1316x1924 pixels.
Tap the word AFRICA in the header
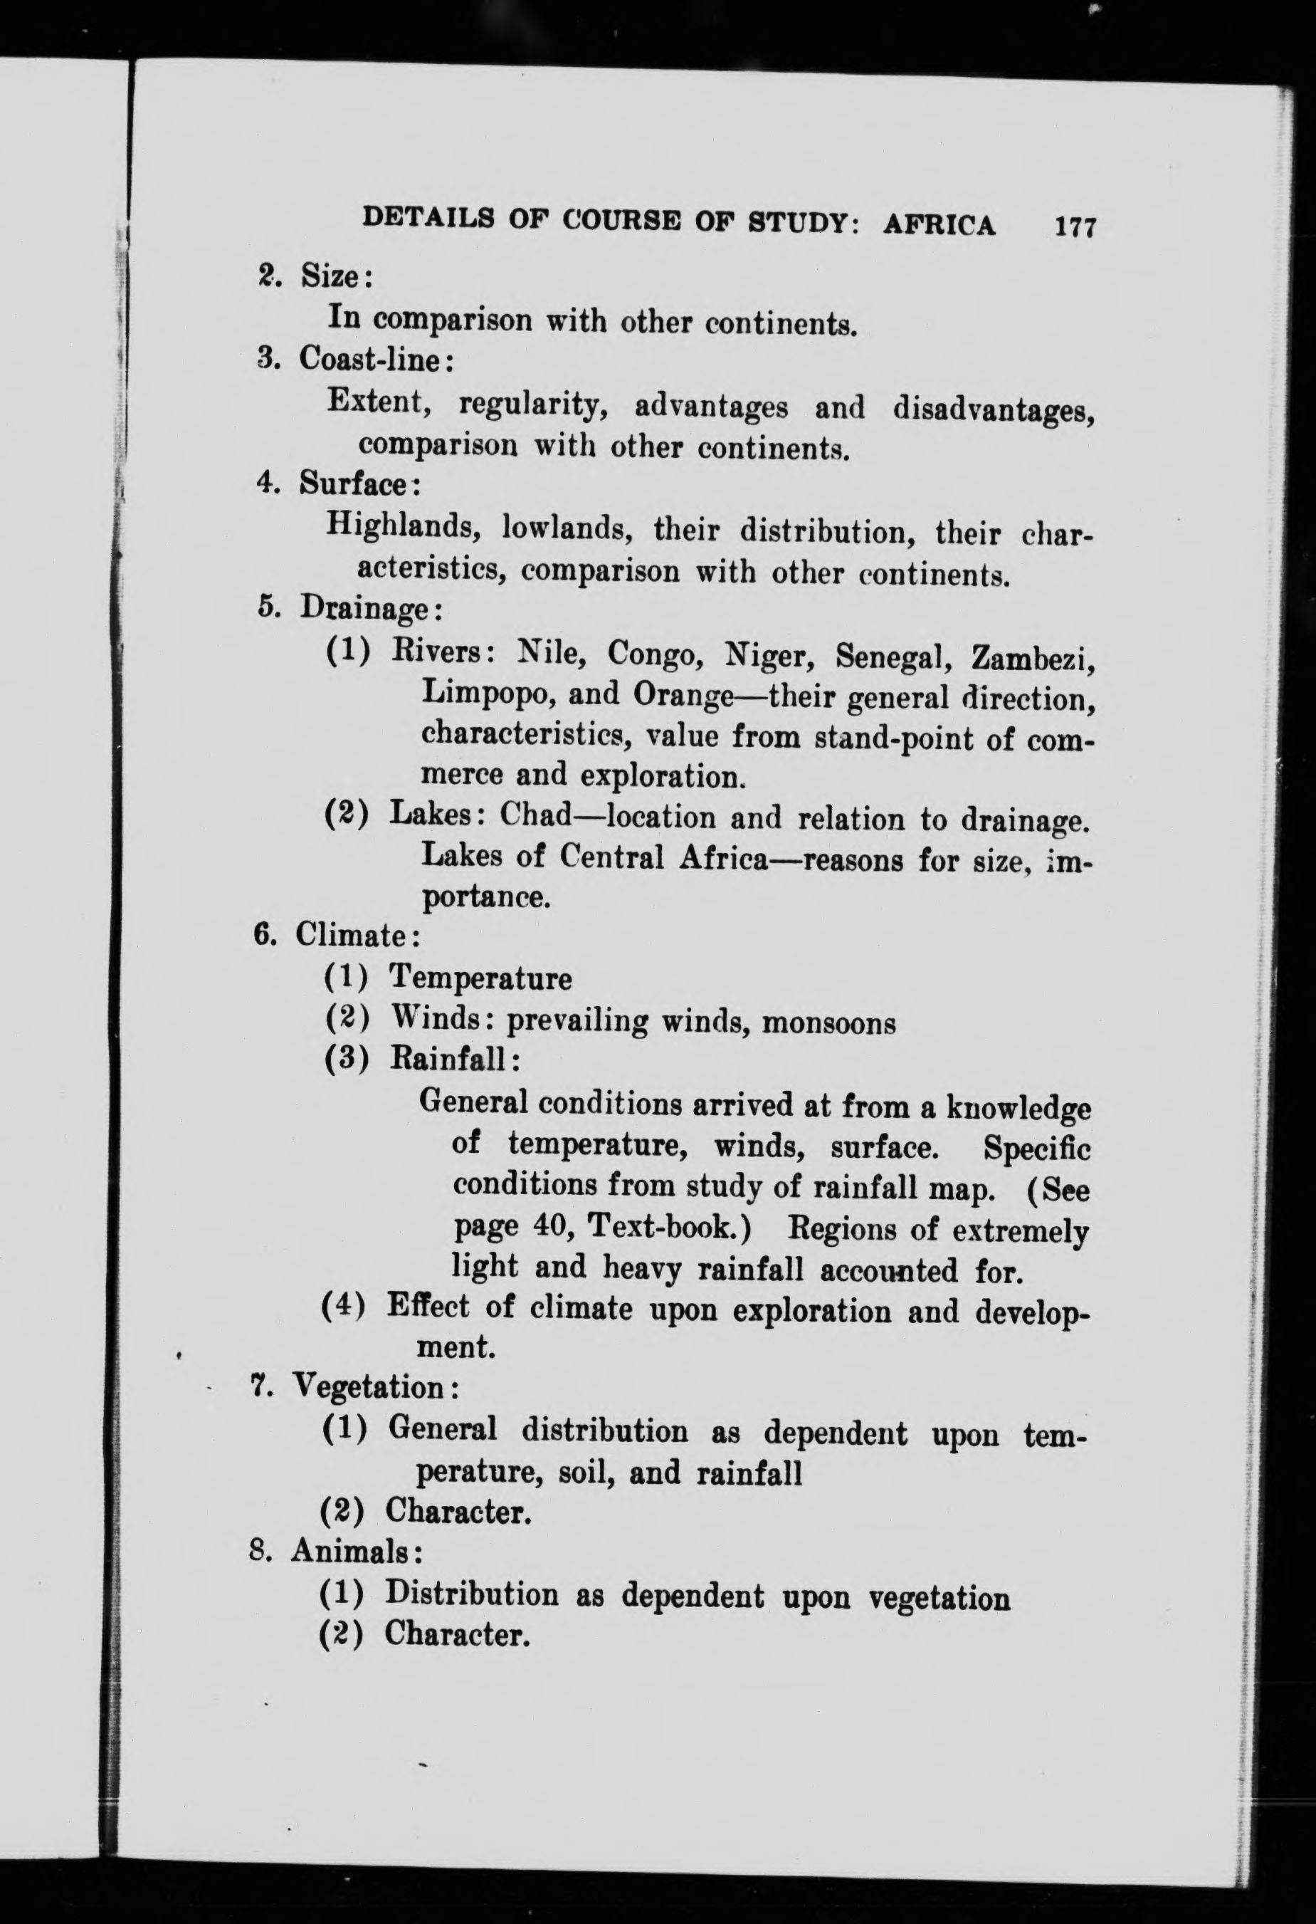939,224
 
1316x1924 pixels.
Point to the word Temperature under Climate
480,978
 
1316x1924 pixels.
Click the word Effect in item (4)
428,1308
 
